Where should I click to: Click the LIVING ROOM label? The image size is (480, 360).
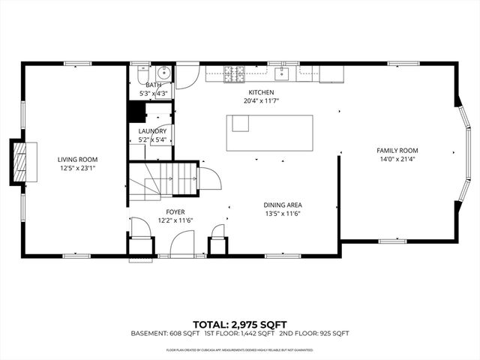(x=78, y=159)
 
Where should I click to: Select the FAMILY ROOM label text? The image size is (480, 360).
(x=397, y=150)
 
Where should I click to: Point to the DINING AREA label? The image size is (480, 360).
(x=283, y=204)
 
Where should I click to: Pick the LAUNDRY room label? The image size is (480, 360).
(x=152, y=131)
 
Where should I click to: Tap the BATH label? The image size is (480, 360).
(x=153, y=85)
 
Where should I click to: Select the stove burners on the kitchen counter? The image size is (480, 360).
(x=235, y=73)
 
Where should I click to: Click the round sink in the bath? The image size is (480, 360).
(x=164, y=73)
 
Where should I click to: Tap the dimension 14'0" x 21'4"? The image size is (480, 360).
(x=397, y=159)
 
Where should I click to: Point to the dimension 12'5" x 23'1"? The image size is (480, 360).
(x=78, y=168)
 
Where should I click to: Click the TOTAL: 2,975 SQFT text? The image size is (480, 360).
(x=240, y=323)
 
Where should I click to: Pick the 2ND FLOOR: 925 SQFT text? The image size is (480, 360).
(x=314, y=333)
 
